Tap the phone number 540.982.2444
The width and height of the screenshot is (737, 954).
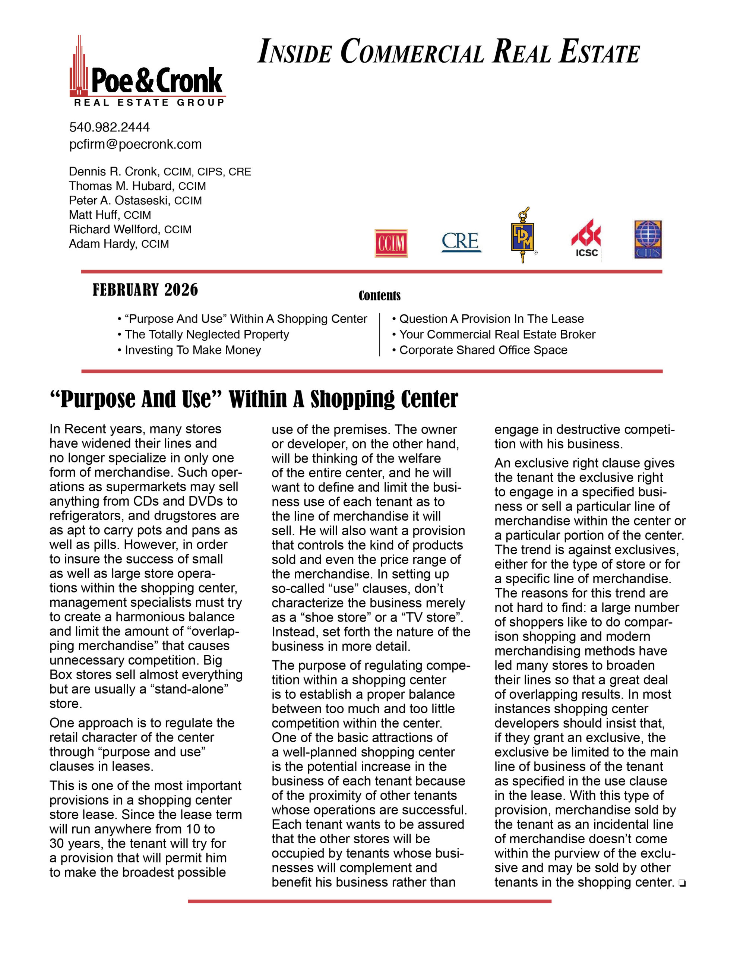109,127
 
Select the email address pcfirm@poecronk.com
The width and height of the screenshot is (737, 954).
135,144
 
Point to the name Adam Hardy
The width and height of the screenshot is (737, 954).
102,244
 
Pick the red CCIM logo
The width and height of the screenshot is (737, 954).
391,243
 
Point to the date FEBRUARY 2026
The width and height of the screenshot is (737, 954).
145,290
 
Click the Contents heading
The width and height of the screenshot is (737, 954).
379,296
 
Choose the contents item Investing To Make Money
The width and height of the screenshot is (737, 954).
193,350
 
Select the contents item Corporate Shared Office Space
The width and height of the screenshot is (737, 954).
483,350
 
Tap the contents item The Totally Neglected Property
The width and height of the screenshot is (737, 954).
207,334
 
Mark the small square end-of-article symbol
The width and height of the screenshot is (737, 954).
682,884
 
